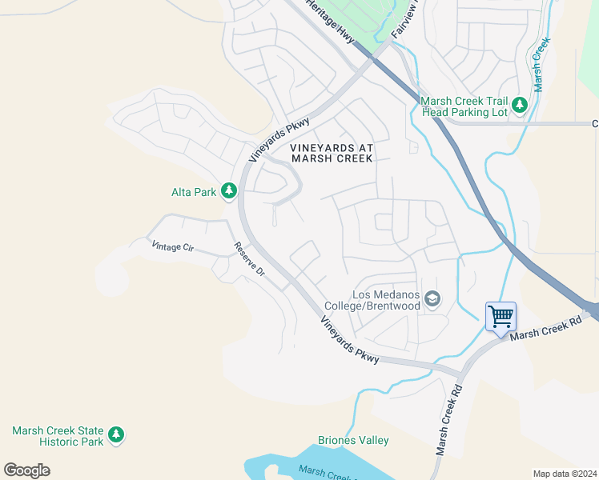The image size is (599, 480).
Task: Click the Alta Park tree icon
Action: (x=229, y=190)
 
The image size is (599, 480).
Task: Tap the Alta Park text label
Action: (x=194, y=192)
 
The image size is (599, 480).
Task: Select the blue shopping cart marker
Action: (x=501, y=317)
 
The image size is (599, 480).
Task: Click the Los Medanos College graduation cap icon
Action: (x=432, y=300)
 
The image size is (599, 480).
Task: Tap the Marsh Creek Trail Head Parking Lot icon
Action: (x=520, y=105)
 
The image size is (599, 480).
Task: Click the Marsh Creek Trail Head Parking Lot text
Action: (x=464, y=106)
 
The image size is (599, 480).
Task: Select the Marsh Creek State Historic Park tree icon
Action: (x=117, y=434)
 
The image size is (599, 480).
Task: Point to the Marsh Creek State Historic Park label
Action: (x=58, y=436)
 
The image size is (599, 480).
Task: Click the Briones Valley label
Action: (x=353, y=440)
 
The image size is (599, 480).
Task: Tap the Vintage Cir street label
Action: (x=173, y=248)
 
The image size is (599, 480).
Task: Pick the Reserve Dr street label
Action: (x=249, y=259)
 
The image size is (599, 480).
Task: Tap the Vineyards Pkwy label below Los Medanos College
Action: (x=350, y=341)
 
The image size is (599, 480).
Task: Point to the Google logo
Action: (x=26, y=470)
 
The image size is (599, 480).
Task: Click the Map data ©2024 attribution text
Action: (x=565, y=474)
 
